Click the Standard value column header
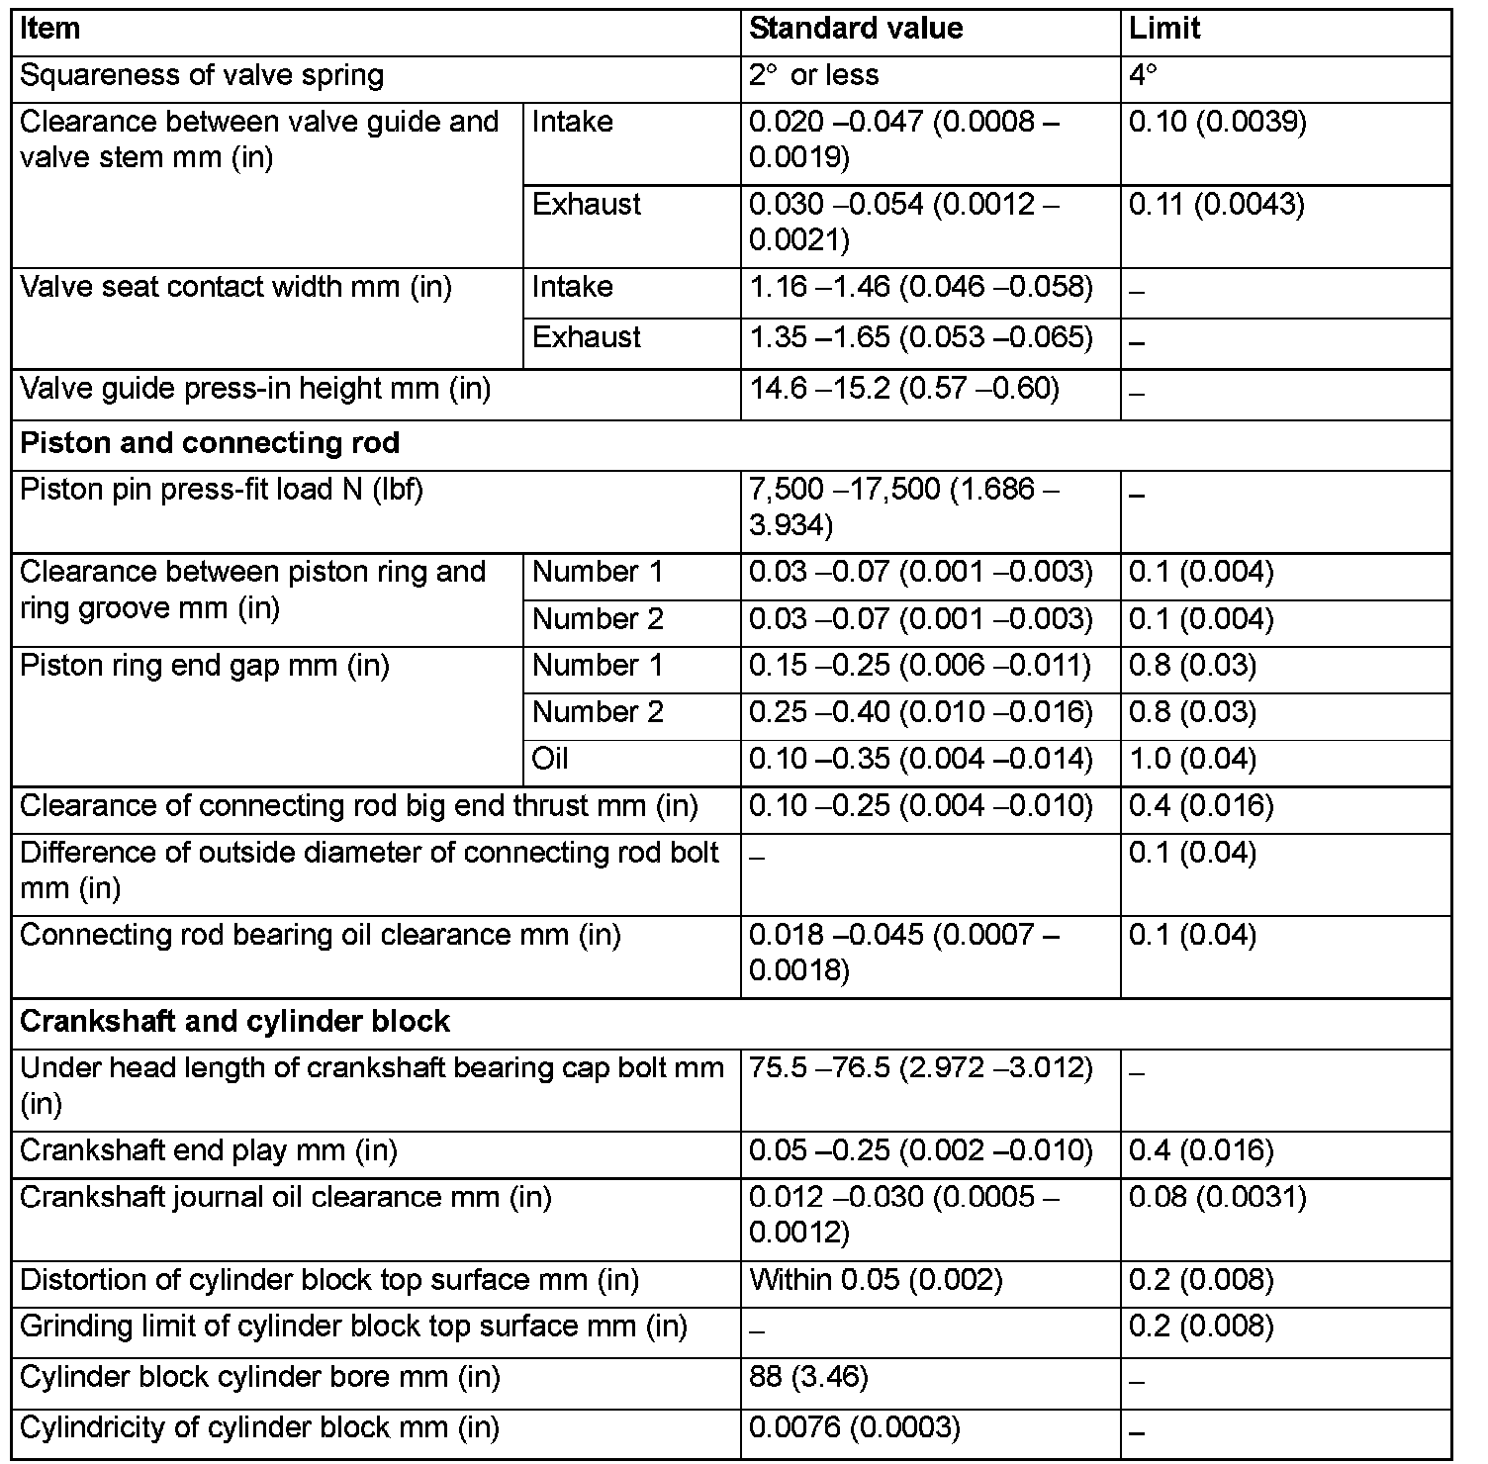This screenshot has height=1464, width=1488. (x=856, y=29)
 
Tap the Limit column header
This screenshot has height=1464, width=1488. (x=1164, y=29)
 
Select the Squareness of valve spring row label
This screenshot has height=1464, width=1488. (x=202, y=76)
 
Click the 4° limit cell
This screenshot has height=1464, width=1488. (x=1144, y=76)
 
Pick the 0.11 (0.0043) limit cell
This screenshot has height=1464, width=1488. (x=1217, y=205)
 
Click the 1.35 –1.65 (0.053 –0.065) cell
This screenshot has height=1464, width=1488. (x=920, y=337)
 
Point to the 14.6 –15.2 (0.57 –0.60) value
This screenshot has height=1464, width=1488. (x=904, y=389)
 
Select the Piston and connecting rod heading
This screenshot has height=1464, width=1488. (x=210, y=442)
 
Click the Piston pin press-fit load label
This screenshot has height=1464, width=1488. (x=222, y=490)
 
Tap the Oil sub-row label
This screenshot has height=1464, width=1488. (x=550, y=759)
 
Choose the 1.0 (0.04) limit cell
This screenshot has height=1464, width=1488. (x=1192, y=759)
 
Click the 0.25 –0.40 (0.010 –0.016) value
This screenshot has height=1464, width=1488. (x=920, y=712)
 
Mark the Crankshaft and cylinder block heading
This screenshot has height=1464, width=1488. (x=234, y=1021)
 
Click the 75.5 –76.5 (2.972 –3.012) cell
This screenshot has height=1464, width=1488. (x=920, y=1068)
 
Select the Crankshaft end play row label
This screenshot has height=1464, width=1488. (x=208, y=1150)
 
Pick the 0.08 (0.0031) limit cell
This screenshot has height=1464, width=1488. (x=1217, y=1198)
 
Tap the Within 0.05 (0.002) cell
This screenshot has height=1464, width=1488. (x=876, y=1280)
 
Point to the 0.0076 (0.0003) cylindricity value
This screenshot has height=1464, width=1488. (x=855, y=1427)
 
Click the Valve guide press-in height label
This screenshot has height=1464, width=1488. (x=255, y=389)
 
